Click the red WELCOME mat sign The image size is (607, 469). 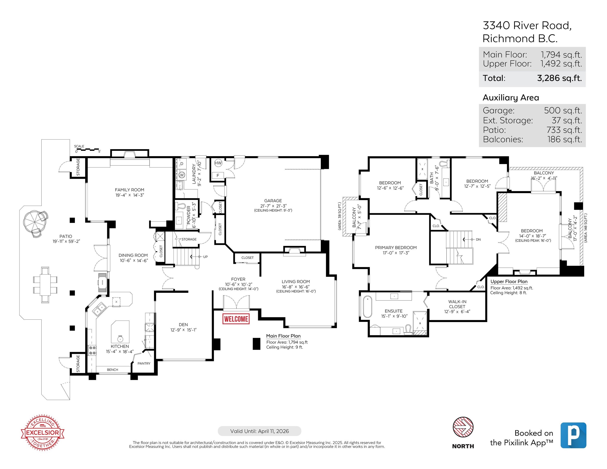pos(236,319)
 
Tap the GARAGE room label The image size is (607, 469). pos(273,201)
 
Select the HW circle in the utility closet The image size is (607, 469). pos(218,163)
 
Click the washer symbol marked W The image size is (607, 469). pos(182,175)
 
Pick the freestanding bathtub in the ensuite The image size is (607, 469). pos(367,307)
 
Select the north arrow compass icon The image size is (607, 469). pos(463,427)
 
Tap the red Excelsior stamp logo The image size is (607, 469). pos(43,433)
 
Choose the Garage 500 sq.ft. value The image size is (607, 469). pos(563,110)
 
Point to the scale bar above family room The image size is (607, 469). pos(87,150)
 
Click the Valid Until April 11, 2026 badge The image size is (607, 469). pos(259,431)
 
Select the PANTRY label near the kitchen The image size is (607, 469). pos(144,363)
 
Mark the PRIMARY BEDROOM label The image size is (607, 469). pos(396,248)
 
